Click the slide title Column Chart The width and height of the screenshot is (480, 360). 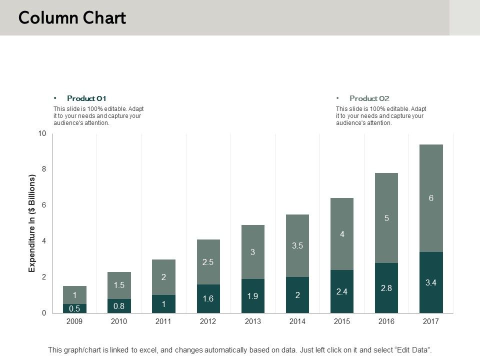click(72, 18)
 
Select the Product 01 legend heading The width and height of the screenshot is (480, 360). click(86, 98)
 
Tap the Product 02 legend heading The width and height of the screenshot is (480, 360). click(369, 98)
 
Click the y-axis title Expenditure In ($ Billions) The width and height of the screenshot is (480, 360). click(32, 223)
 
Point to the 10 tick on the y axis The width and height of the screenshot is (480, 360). click(41, 133)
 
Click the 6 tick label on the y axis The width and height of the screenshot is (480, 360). click(43, 205)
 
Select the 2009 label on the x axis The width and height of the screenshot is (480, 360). click(74, 321)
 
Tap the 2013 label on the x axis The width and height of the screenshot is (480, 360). click(252, 321)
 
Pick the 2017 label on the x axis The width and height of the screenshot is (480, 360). click(430, 321)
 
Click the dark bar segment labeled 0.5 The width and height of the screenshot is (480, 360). click(74, 308)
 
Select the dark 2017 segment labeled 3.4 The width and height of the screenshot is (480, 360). click(430, 282)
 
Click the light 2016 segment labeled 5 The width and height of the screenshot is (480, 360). click(386, 218)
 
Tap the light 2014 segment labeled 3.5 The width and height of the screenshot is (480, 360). click(297, 245)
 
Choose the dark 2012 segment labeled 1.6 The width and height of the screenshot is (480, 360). click(208, 298)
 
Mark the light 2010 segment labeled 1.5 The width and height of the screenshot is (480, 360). click(119, 285)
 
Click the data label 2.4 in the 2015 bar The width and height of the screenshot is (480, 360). click(341, 291)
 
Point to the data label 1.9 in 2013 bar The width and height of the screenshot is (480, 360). click(252, 296)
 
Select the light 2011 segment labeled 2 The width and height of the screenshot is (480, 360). click(163, 277)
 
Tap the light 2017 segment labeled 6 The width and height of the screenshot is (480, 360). click(430, 198)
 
